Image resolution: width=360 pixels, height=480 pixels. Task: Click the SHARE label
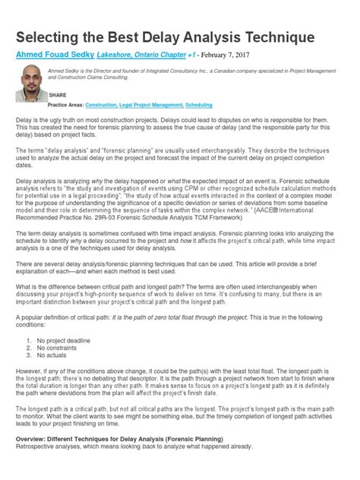[x=58, y=95]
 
